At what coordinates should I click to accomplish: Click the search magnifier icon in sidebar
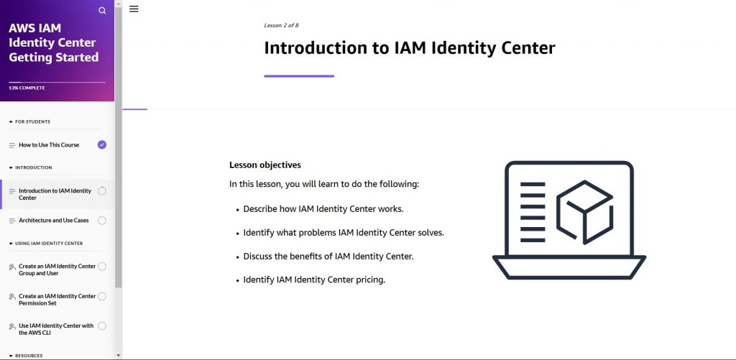(102, 10)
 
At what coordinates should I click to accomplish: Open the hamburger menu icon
(134, 9)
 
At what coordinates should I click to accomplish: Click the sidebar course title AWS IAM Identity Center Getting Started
(53, 42)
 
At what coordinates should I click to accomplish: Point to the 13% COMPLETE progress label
(27, 88)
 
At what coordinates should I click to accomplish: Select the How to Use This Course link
(49, 145)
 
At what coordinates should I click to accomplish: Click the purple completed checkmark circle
(102, 144)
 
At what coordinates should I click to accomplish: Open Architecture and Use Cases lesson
(54, 221)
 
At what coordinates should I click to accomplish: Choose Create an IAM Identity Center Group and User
(57, 269)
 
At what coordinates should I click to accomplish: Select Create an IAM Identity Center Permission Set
(57, 300)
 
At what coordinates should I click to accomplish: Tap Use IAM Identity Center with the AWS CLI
(56, 329)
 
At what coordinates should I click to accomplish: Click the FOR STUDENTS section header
(32, 122)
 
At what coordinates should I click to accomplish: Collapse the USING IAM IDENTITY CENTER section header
(48, 244)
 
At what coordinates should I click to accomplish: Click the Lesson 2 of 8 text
(281, 25)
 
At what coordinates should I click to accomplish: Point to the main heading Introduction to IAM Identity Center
(409, 48)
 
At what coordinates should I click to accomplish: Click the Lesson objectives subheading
(265, 165)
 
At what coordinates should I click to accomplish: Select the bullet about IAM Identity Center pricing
(314, 280)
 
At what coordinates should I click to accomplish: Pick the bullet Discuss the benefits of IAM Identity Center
(328, 257)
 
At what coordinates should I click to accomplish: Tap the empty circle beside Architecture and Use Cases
(102, 221)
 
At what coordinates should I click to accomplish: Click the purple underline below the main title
(299, 76)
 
